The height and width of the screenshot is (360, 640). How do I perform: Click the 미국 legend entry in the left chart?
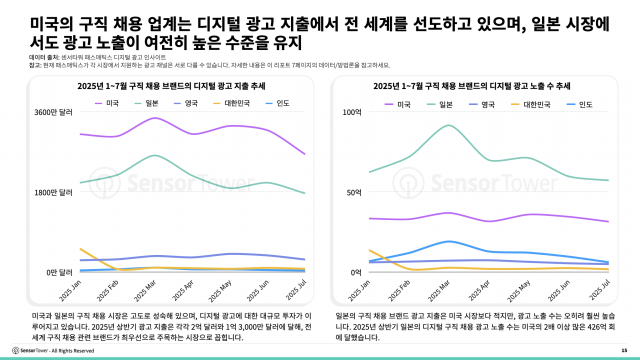point(100,102)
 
